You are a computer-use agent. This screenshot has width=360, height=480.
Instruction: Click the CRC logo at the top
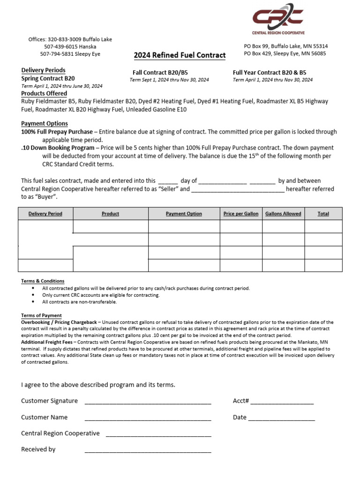click(x=278, y=19)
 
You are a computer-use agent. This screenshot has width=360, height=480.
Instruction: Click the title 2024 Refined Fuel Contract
click(x=180, y=55)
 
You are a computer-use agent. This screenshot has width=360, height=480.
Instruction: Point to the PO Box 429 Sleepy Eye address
click(x=285, y=53)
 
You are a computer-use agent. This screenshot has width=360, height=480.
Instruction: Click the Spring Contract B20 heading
click(x=48, y=79)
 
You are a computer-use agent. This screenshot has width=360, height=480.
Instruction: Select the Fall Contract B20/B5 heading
click(x=160, y=73)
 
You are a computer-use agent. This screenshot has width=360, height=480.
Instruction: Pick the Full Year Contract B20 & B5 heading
click(x=269, y=73)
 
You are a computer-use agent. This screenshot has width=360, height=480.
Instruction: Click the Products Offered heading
click(x=44, y=94)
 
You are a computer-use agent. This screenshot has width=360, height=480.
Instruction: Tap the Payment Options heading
click(x=45, y=124)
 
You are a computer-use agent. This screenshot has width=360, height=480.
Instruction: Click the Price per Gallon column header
click(x=241, y=214)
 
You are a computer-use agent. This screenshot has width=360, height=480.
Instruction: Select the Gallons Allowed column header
click(x=283, y=214)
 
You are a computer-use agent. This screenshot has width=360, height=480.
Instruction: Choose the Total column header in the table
click(x=323, y=214)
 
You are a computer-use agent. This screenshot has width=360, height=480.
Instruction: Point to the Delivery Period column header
click(x=45, y=214)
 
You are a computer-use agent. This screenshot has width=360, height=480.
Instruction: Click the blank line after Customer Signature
click(x=148, y=402)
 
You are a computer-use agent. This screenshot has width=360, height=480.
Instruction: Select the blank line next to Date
click(x=281, y=418)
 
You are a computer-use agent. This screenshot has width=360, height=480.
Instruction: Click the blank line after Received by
click(x=148, y=450)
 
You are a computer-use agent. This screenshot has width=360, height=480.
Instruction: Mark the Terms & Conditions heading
click(x=43, y=281)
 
